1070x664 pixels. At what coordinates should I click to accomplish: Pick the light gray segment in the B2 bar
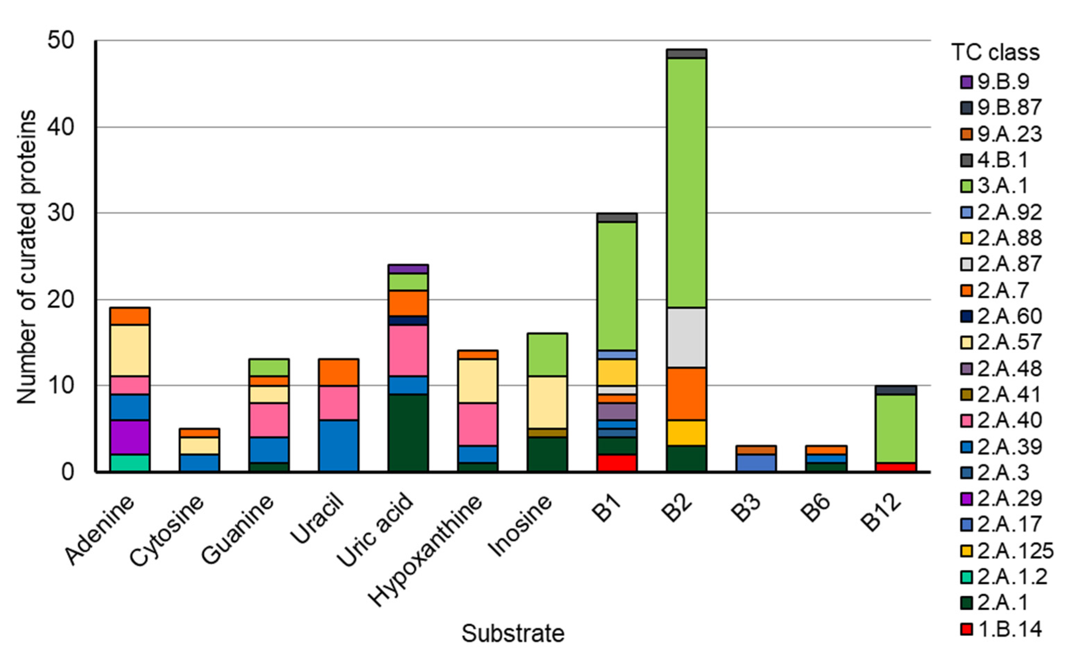pyautogui.click(x=686, y=338)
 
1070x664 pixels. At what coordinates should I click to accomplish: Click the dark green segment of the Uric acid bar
pyautogui.click(x=408, y=433)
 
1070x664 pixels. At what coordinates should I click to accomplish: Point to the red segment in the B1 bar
pyautogui.click(x=617, y=463)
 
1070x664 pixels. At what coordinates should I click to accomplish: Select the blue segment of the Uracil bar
pyautogui.click(x=338, y=446)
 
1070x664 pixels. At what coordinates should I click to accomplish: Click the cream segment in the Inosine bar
pyautogui.click(x=547, y=402)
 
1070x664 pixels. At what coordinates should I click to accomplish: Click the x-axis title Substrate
pyautogui.click(x=512, y=633)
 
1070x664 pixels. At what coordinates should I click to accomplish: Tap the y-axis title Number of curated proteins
pyautogui.click(x=26, y=257)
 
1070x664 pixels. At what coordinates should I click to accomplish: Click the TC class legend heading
pyautogui.click(x=995, y=53)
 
